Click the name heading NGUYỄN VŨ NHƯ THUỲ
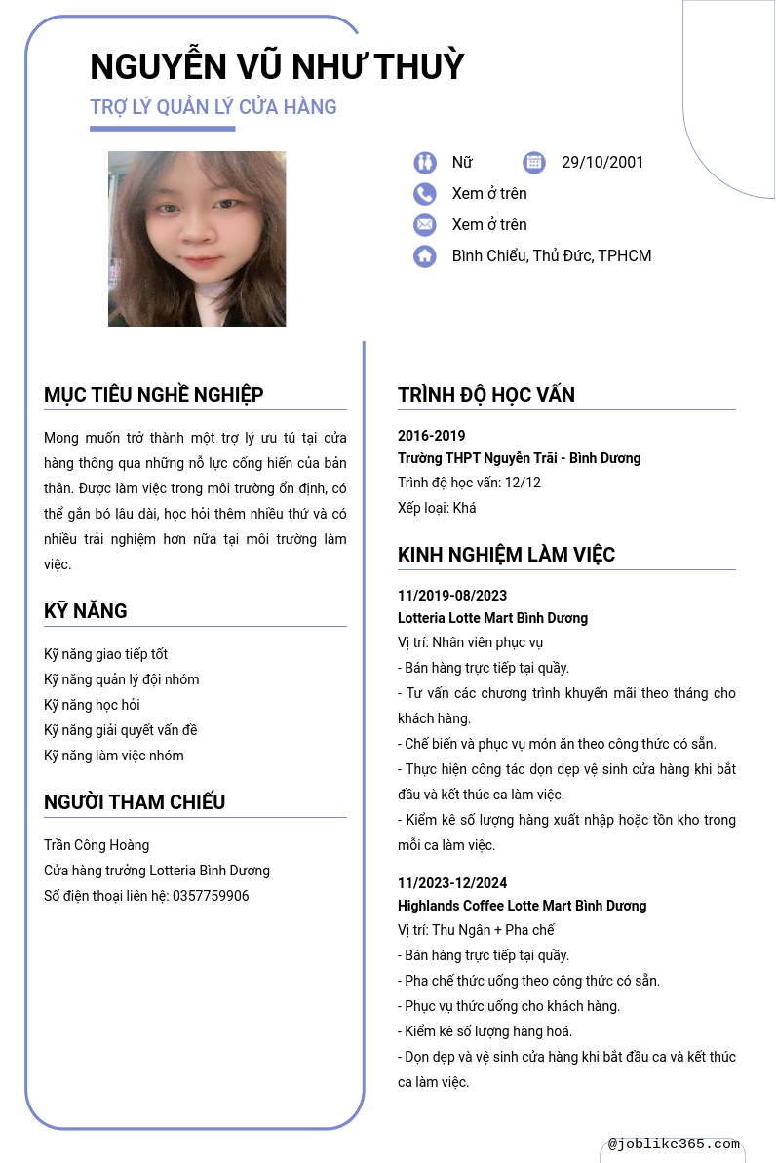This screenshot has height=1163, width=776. coord(277,66)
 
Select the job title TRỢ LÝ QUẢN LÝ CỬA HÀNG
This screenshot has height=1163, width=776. coord(213,107)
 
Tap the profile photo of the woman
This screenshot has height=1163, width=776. coord(197,239)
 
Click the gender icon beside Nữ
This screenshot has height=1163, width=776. coord(424,162)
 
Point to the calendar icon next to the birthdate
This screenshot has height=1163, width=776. coord(533,162)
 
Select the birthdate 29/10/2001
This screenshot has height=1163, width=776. coord(602,162)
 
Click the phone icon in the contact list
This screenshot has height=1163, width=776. coord(424,193)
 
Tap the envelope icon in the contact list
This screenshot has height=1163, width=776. coord(424,224)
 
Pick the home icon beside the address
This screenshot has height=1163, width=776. coord(424,255)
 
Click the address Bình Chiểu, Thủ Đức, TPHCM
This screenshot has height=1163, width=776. coord(551,255)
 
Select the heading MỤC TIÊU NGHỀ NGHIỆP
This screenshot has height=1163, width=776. coord(154,395)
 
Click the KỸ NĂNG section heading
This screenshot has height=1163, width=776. coord(86,611)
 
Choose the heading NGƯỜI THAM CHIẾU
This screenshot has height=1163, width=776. coord(135,802)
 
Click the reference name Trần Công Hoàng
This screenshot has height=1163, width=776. coord(97,845)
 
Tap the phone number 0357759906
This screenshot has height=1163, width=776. coord(211,896)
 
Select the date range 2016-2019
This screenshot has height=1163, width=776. coord(431,436)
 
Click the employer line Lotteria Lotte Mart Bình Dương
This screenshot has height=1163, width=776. coord(492,618)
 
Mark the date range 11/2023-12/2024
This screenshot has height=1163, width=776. coord(452,883)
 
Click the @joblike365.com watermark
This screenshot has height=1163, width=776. coord(674,1144)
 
